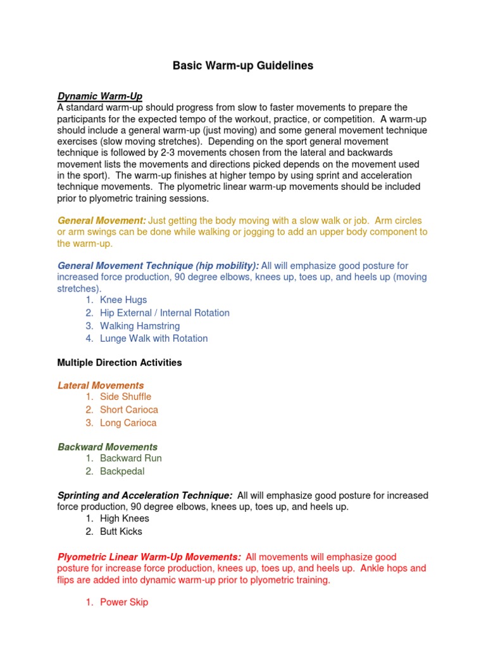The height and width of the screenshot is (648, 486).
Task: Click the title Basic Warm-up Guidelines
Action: pos(243,66)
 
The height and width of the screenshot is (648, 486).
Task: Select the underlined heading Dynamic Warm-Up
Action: pos(100,96)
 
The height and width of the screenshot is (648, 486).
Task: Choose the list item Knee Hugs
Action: pos(123,300)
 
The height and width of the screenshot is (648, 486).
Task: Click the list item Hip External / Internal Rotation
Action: pos(165,313)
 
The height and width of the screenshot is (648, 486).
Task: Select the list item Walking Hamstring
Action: pos(140,326)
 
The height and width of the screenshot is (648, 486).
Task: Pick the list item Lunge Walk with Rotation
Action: pos(154,339)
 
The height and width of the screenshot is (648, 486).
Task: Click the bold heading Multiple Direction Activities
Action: pos(120,363)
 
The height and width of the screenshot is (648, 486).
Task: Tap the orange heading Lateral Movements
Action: pos(101,385)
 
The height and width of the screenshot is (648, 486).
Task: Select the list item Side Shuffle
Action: pos(125,397)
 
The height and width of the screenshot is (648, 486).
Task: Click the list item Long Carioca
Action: pos(128,423)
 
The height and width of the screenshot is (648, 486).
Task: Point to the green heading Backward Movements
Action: pos(108,447)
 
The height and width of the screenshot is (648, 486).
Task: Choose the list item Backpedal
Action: pos(122,471)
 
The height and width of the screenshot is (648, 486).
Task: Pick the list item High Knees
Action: pos(125,518)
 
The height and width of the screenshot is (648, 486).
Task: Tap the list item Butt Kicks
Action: pos(121,532)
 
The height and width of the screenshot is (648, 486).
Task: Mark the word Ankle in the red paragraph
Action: pos(375,568)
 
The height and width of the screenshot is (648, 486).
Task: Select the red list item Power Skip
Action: pos(124,602)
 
